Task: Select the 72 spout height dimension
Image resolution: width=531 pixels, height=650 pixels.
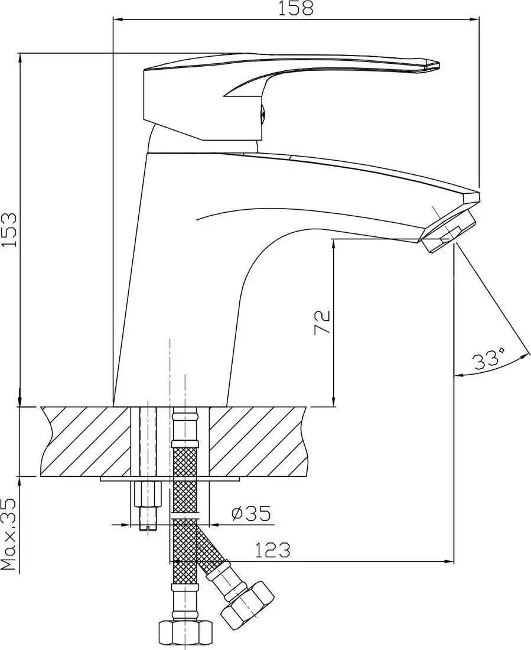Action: (x=322, y=322)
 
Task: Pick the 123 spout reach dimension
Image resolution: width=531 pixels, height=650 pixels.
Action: (x=272, y=551)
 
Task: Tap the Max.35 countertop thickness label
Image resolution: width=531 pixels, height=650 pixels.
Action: (x=9, y=533)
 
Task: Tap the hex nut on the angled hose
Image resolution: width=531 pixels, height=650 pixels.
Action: (x=247, y=604)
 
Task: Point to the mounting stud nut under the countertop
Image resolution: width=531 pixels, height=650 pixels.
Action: (x=148, y=493)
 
